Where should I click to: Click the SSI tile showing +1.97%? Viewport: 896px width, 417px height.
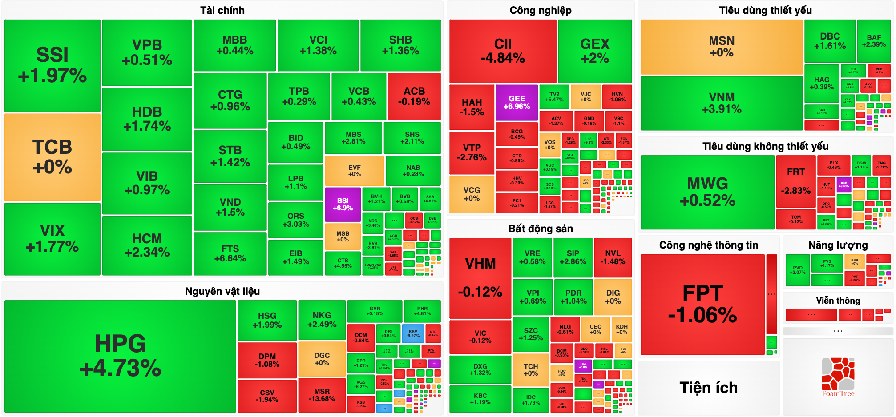[52, 65]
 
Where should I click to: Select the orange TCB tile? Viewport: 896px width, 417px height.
[52, 157]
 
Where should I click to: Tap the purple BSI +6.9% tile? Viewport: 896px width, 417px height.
[343, 204]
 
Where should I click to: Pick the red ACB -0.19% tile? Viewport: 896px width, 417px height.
[414, 96]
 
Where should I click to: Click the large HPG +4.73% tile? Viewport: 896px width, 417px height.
[120, 356]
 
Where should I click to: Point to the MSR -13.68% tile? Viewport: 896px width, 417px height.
[322, 395]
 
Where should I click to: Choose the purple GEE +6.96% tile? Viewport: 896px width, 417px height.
[517, 102]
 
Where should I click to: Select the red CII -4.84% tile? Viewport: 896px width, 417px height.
[503, 51]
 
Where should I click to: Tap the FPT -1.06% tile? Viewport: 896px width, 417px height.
[702, 304]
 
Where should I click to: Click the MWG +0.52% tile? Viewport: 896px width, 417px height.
[707, 192]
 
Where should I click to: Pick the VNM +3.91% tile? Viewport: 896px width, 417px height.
[722, 103]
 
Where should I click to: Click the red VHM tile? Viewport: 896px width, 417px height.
[480, 277]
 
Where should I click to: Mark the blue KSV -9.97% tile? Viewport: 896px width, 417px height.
[413, 333]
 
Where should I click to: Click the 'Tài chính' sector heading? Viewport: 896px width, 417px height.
[222, 10]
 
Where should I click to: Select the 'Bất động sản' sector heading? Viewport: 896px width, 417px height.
[541, 229]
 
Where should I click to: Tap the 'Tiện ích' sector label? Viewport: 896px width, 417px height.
[708, 388]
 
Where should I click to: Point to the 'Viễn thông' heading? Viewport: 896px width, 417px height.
[838, 301]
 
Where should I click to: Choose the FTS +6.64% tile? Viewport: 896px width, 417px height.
[230, 253]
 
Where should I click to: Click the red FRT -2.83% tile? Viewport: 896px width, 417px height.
[796, 181]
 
